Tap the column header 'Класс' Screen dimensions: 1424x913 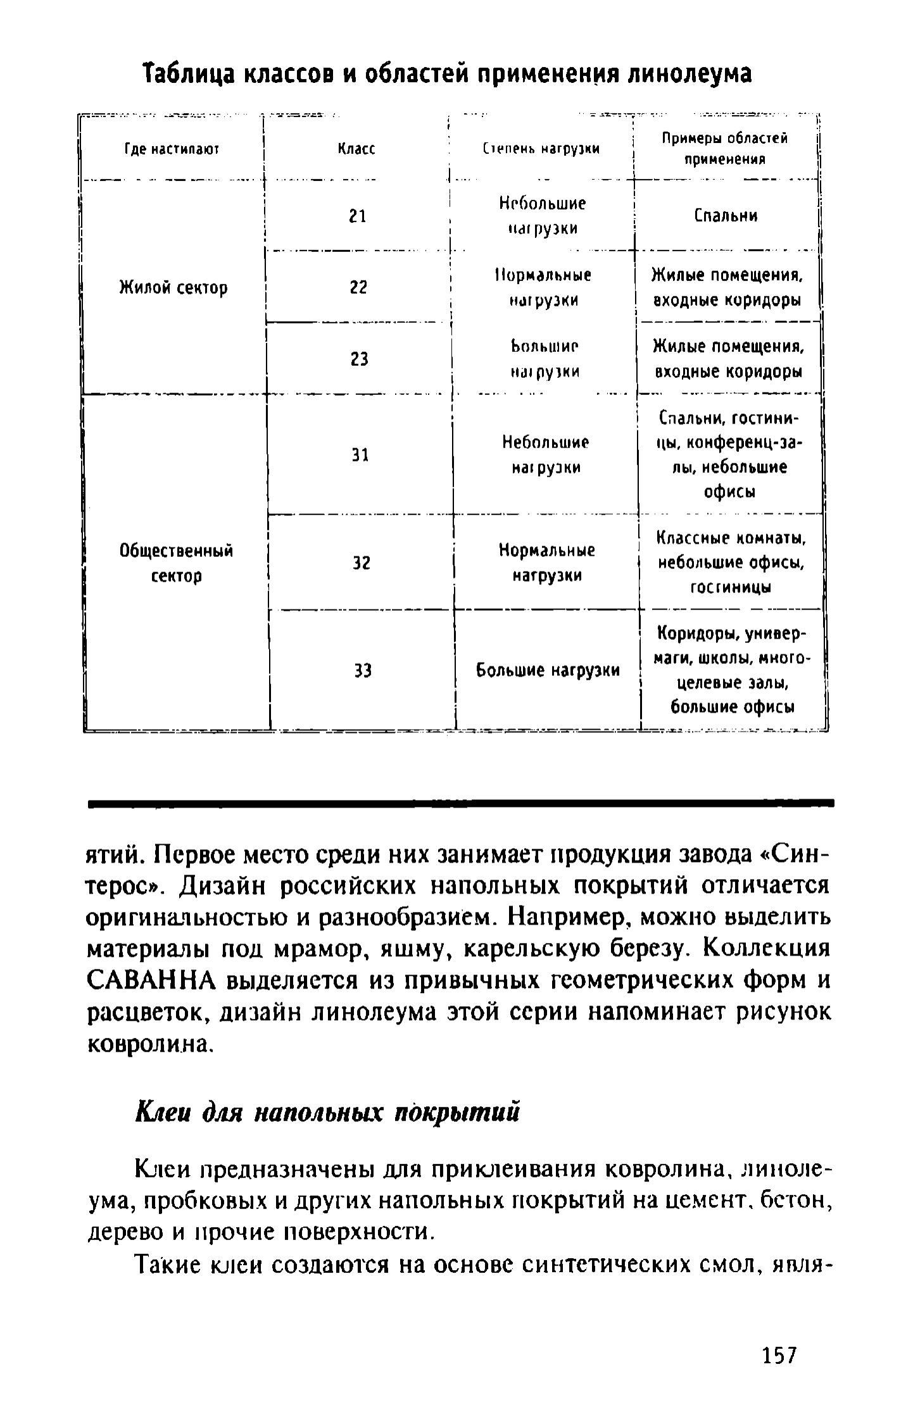356,149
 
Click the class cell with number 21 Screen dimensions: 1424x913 358,216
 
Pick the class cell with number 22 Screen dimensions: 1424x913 358,288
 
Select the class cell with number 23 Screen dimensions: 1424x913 359,359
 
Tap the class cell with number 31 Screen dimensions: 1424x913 360,455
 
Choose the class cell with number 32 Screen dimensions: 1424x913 361,563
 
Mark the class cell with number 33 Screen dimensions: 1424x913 362,670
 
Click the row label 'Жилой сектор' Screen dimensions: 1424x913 173,289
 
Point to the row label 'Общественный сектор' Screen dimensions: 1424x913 177,563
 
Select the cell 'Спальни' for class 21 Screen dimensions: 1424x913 726,216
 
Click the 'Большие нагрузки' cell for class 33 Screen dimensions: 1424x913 548,670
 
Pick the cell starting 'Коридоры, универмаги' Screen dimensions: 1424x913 732,670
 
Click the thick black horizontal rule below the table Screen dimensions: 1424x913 461,803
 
